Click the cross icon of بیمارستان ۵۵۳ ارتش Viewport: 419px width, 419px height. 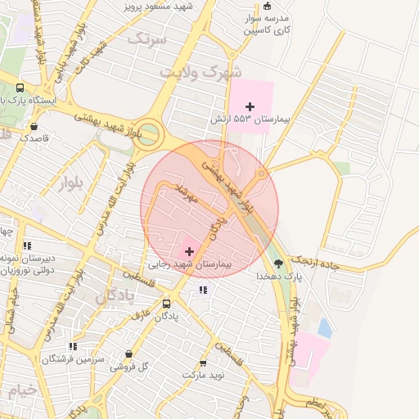point(250,106)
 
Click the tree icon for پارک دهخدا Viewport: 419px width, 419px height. point(279,264)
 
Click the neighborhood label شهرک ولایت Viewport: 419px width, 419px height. point(200,72)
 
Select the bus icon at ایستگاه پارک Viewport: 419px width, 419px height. point(20,88)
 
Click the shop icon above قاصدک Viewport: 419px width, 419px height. point(34,126)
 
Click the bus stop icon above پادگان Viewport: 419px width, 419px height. point(167,302)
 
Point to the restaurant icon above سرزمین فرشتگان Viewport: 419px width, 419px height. point(74,346)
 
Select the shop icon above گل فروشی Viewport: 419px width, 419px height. point(128,354)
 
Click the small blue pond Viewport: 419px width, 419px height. point(325,328)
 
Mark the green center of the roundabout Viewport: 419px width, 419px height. point(147,135)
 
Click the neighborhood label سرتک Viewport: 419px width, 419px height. point(147,38)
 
